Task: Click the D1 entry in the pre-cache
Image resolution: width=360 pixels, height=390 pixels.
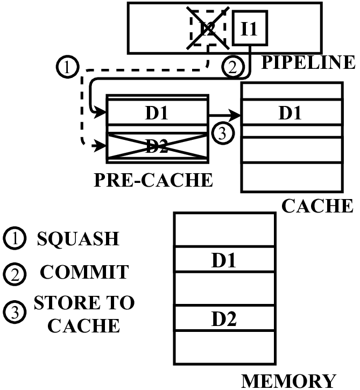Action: pos(157,114)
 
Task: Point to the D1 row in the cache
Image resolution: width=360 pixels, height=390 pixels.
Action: pos(291,114)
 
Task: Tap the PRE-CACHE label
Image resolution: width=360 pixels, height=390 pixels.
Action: pos(153,180)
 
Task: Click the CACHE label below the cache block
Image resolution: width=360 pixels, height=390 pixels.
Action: pos(317,205)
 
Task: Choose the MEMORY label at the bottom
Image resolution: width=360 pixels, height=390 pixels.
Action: pos(289,380)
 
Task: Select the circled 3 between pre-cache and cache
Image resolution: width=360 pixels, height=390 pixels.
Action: pos(222,133)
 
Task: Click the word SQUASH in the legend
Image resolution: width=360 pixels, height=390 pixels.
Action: pos(77,238)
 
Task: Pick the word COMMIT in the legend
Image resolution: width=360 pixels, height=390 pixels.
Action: pos(84,272)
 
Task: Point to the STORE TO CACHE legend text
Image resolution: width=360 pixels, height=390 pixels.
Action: pos(84,314)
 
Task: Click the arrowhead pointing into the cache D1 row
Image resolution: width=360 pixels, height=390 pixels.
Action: pos(236,115)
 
